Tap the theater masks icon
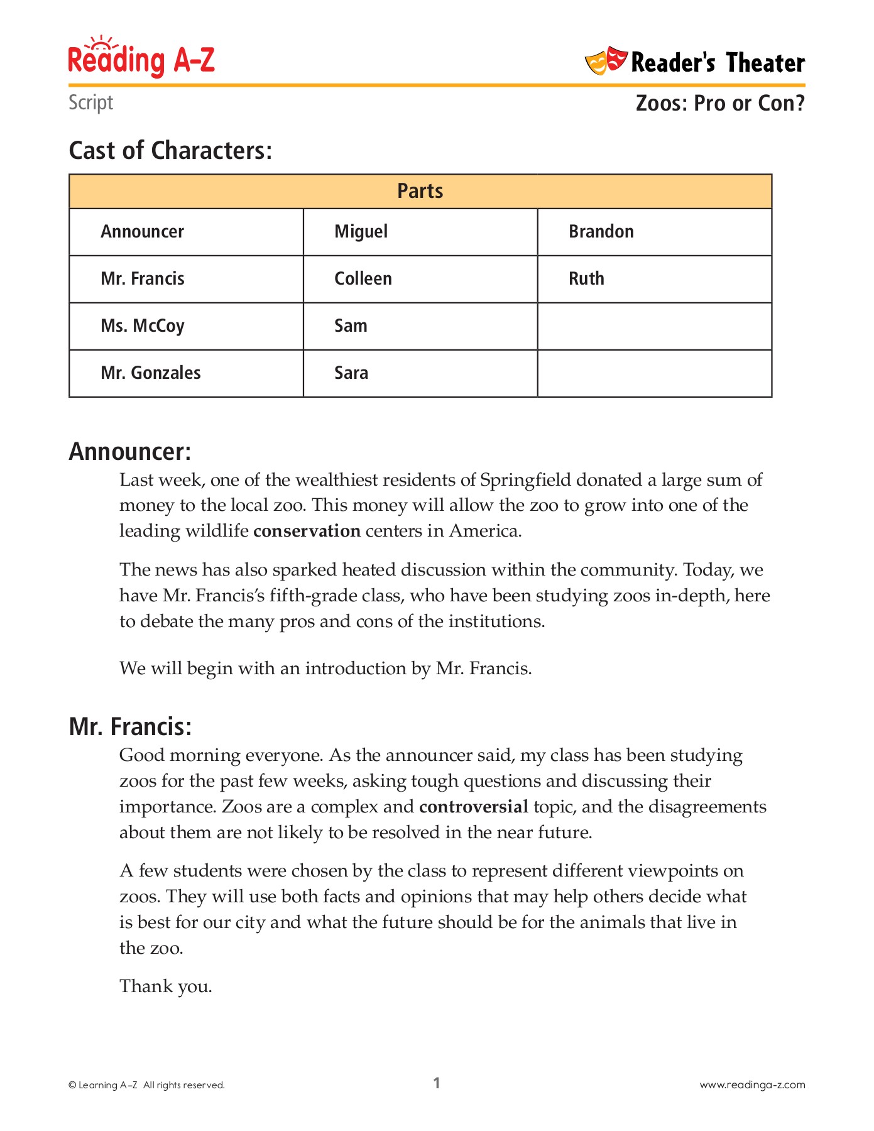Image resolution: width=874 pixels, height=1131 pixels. point(606,61)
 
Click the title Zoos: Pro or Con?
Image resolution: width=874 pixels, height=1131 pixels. point(719,103)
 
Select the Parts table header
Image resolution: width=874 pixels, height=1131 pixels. point(420,191)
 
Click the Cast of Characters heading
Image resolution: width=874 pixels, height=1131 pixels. point(170,151)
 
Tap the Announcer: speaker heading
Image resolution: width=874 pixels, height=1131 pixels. point(129,452)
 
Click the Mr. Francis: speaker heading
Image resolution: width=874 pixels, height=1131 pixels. point(130,727)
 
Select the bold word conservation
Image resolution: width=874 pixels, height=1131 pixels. point(307,532)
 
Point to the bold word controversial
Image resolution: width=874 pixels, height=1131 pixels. point(473,807)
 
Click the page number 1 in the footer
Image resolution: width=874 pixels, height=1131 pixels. point(437,1083)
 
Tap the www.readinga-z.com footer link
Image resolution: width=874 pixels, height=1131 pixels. point(752,1085)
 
